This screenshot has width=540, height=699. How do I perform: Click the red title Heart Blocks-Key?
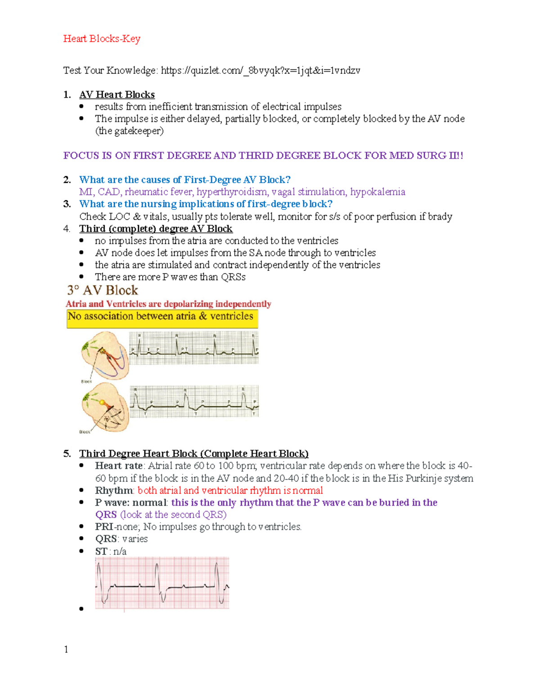coord(102,39)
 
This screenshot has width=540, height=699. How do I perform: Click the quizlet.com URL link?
coord(260,70)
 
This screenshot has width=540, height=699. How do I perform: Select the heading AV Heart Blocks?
coord(117,95)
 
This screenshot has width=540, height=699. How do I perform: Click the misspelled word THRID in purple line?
coord(256,156)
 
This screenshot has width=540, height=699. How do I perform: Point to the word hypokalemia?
coord(378,192)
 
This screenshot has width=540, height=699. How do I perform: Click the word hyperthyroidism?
coord(231,192)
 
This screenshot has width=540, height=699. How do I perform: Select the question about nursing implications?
coord(206,204)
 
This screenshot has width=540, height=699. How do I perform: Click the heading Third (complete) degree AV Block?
coord(156,229)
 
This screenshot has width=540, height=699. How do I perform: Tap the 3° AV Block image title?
coord(103,290)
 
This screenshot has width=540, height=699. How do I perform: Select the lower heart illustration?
coord(105,407)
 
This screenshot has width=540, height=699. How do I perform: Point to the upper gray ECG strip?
coord(194,348)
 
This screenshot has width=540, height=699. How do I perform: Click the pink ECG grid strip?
coord(162,583)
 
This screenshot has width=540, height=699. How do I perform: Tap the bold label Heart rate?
coord(118,466)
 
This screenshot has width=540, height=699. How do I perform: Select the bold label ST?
coord(101,551)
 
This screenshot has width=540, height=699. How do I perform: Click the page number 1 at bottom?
coord(66,649)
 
